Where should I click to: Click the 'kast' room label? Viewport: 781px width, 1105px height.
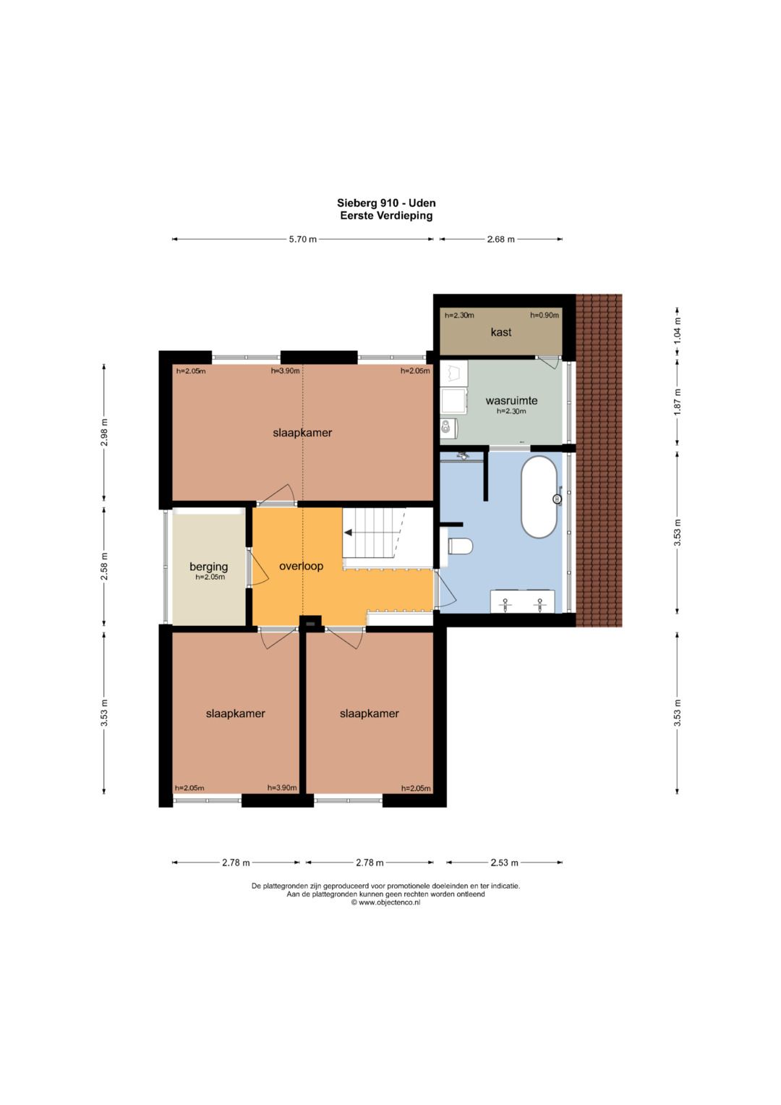500,332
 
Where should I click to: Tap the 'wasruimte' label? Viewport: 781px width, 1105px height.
511,400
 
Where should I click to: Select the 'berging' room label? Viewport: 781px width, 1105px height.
208,567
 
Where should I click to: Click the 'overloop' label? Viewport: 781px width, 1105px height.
302,566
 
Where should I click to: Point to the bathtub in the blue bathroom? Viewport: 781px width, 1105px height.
539,497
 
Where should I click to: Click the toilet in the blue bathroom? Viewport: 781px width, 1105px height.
461,546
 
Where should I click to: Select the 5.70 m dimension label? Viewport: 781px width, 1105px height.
303,240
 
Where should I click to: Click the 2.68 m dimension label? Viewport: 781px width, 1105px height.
500,240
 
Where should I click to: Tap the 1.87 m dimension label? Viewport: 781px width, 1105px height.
677,402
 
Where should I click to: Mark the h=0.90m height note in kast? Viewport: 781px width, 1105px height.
544,316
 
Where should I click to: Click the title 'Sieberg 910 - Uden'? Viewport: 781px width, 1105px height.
386,203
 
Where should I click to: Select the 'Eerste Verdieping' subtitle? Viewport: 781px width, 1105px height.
386,215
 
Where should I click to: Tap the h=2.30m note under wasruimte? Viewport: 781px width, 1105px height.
511,411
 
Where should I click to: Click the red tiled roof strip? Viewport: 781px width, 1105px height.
599,460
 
